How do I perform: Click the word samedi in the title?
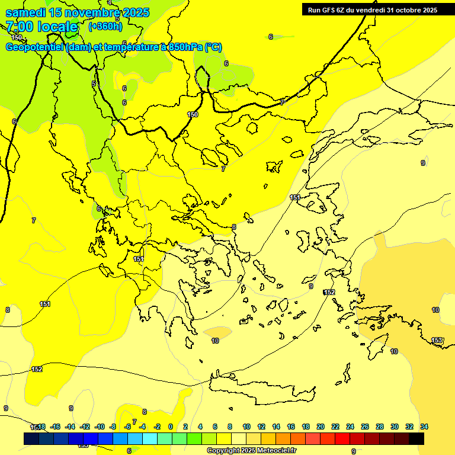click(x=25, y=12)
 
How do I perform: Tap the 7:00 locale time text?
click(x=41, y=27)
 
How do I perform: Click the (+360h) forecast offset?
click(x=105, y=26)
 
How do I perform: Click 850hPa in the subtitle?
click(x=185, y=47)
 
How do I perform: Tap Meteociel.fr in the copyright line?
click(x=273, y=451)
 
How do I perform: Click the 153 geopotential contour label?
click(x=437, y=340)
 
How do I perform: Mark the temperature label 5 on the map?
click(x=94, y=84)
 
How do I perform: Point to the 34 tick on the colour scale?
click(x=424, y=427)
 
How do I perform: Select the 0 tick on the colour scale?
click(x=171, y=427)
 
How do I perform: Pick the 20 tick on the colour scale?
click(x=321, y=427)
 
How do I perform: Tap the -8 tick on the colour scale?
click(x=113, y=427)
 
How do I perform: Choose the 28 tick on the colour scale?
click(x=380, y=427)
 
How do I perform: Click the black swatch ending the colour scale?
click(x=416, y=438)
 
